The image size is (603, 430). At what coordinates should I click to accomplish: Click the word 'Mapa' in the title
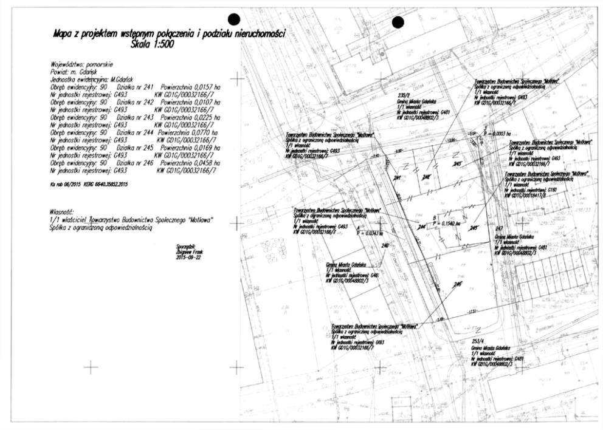(x=65, y=35)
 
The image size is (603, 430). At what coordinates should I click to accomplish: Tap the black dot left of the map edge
(x=234, y=21)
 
